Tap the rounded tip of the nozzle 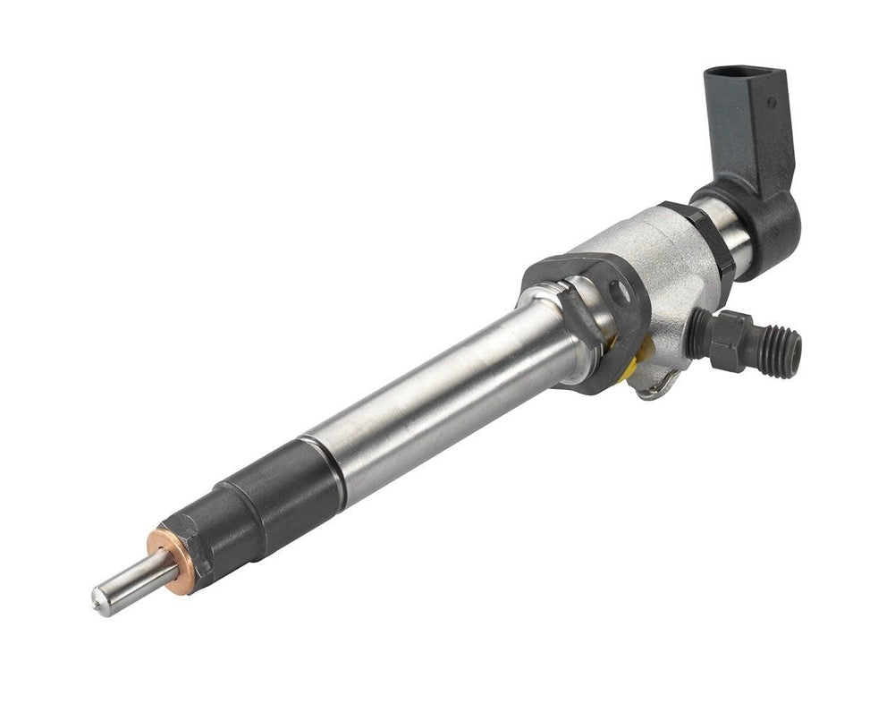point(97,602)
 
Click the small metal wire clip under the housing point(658,385)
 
